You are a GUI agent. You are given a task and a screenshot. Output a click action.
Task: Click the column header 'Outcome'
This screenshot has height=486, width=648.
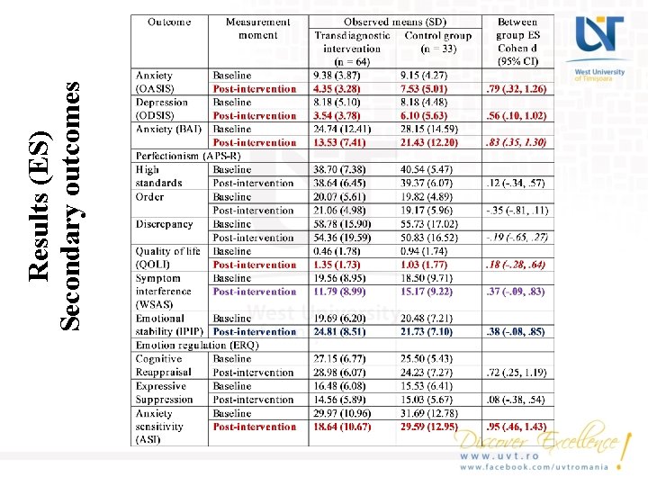[168, 22]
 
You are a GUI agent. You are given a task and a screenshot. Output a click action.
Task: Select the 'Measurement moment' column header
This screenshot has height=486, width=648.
[258, 29]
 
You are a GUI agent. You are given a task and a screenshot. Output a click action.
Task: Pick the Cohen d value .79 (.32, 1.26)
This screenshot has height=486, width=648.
[516, 89]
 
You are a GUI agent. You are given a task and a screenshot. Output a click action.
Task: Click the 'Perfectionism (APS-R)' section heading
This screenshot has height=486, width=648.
[188, 156]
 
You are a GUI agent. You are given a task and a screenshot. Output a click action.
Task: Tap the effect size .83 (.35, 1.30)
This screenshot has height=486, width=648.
[516, 143]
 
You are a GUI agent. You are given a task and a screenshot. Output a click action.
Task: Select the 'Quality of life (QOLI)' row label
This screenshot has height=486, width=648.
[167, 258]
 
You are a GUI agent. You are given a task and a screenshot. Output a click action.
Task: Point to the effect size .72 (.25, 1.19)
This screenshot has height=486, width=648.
[516, 373]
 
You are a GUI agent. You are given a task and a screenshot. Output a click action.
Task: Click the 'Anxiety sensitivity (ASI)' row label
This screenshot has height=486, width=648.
[159, 427]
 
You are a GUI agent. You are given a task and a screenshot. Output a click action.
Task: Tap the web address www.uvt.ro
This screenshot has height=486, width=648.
[494, 457]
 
